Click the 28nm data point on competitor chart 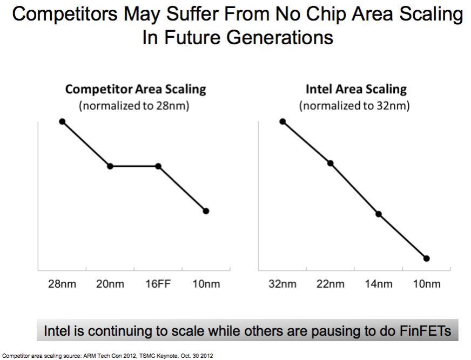tap(62, 121)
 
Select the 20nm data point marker tap(110, 166)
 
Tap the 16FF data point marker tap(158, 166)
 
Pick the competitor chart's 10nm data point tap(206, 211)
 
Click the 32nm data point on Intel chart tap(282, 121)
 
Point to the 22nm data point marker tap(331, 164)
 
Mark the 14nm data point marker tap(379, 214)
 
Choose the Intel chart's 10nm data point tap(427, 258)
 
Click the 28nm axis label tap(62, 284)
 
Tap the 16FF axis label tap(158, 284)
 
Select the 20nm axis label tap(110, 284)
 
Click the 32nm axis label tap(282, 284)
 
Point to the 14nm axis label tap(379, 284)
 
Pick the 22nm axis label tap(331, 284)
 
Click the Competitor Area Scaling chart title tap(136, 89)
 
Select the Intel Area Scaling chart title tap(356, 89)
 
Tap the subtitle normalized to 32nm tap(354, 106)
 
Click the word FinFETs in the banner tap(425, 331)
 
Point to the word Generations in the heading tap(280, 38)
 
